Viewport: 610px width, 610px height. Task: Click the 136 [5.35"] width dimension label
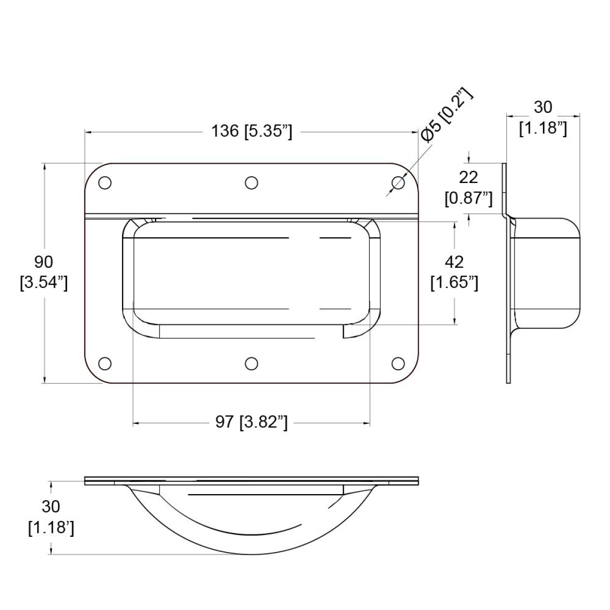(252, 131)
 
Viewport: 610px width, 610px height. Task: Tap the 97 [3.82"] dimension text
(252, 422)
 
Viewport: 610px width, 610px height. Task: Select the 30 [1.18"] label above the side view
(542, 117)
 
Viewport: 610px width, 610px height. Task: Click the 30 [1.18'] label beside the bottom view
(51, 517)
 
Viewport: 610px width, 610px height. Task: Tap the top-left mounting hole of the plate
(105, 183)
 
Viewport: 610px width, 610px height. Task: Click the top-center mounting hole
(251, 183)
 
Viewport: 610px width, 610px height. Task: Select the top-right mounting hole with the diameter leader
(399, 183)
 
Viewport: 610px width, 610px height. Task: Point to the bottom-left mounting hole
(105, 363)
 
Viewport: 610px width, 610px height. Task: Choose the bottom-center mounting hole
(251, 363)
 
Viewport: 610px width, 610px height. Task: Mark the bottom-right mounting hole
(399, 363)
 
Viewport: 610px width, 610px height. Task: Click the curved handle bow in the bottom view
(252, 544)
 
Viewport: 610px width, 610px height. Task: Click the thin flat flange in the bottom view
(252, 480)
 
